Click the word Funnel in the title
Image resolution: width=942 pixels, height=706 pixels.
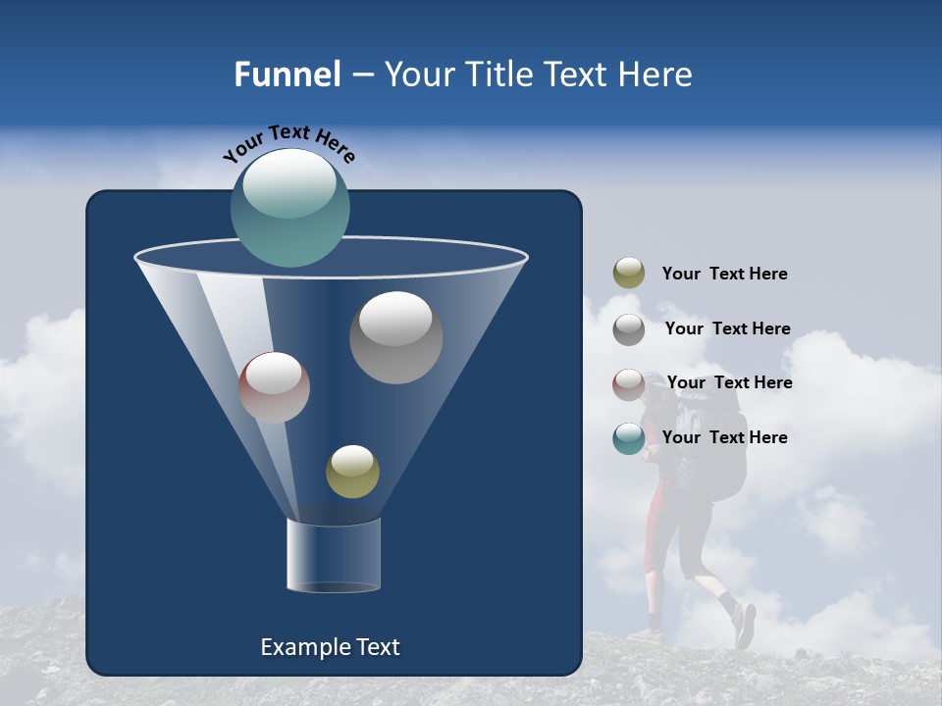tap(288, 75)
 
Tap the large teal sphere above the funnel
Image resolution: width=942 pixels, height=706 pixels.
tap(290, 207)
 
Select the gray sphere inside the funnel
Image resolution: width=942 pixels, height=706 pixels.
tap(395, 337)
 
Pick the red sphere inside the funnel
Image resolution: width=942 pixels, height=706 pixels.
tap(274, 387)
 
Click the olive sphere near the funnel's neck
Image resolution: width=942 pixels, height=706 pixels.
tap(352, 472)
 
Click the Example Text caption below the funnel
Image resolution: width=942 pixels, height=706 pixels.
tap(330, 647)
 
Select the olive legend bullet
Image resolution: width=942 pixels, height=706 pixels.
tap(629, 274)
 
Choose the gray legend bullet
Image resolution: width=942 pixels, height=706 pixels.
tap(629, 329)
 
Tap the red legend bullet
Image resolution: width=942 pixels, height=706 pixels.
tap(629, 384)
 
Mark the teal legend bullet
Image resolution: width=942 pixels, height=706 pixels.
tap(629, 438)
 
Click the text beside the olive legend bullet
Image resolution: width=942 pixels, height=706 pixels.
tap(724, 275)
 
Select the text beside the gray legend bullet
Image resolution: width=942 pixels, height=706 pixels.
tap(727, 328)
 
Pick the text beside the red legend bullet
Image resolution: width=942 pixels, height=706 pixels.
tap(729, 382)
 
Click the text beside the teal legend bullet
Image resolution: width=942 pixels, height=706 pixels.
tap(724, 437)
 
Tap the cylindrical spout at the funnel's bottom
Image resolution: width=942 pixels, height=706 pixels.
tap(334, 556)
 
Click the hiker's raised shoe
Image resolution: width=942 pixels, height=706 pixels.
tap(745, 626)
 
